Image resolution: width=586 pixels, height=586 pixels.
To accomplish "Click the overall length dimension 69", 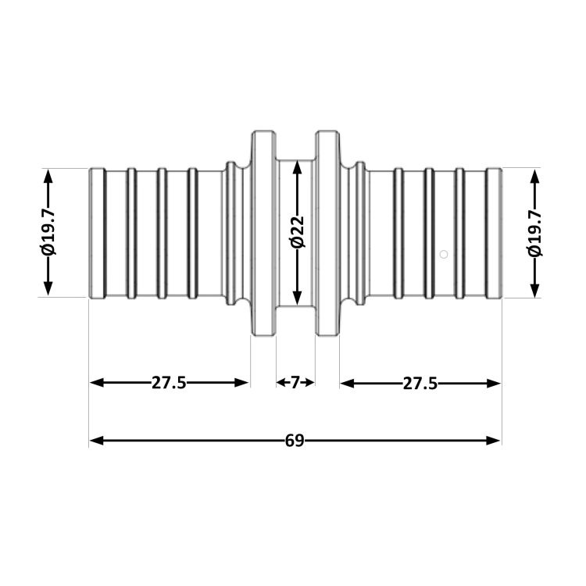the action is pos(295,441).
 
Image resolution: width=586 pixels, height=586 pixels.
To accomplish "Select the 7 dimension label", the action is pos(295,382).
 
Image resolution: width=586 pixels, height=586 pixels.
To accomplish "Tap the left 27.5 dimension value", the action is pos(169,383).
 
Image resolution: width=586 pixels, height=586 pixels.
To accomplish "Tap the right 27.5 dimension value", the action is pos(420,384).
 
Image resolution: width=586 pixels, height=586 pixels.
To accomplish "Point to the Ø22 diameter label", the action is pos(298,232).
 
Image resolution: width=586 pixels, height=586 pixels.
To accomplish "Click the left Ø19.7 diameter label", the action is pos(49,232).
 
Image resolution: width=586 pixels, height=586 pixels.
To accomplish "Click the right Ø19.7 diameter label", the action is pos(534,233).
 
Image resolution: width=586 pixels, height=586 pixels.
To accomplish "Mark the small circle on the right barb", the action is pos(444,255).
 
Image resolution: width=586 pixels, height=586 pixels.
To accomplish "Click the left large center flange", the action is pos(263,233).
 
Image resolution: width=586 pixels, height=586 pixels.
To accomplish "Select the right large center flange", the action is pos(327,233).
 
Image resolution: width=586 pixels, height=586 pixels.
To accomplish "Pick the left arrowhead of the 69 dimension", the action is pos(96,441).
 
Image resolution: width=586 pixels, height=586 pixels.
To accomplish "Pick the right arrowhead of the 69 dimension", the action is pos(493,441).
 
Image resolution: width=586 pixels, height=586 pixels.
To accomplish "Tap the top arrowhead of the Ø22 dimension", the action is pos(297,167).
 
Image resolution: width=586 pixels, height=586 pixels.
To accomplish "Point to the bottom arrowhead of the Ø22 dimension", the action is pos(297,298).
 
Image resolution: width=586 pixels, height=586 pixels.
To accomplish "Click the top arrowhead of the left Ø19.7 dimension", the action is pos(48,177).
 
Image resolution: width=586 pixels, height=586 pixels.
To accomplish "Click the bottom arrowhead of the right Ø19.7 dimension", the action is pos(534,290).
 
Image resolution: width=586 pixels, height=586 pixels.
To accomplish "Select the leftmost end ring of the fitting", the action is pos(98,234).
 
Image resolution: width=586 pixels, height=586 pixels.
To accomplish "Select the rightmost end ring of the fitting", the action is pos(494,234).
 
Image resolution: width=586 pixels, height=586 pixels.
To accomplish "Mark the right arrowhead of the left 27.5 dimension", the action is pos(241,383).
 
